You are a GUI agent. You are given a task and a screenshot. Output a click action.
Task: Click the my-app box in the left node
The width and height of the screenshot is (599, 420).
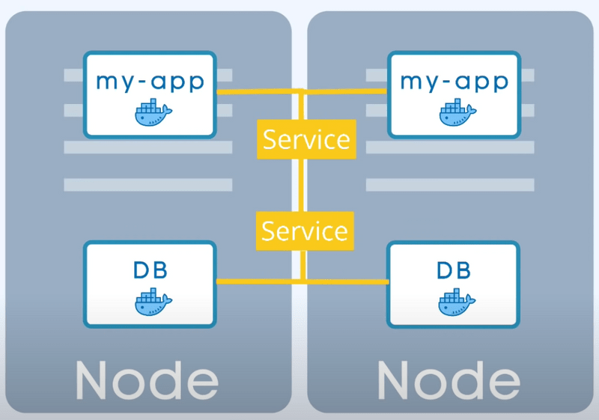tap(150, 94)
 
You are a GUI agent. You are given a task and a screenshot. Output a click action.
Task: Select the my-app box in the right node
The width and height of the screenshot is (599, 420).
tap(454, 94)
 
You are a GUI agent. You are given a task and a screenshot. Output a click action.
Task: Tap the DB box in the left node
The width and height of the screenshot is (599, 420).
tap(150, 284)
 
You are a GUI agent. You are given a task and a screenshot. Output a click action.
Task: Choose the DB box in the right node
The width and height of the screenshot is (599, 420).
tap(454, 284)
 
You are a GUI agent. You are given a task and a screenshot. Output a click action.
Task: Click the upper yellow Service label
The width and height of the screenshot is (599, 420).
tap(305, 139)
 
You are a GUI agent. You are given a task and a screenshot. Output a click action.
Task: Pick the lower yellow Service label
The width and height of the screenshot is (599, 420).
tap(305, 230)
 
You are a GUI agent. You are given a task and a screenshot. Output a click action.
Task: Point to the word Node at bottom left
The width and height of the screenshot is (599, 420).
tap(147, 381)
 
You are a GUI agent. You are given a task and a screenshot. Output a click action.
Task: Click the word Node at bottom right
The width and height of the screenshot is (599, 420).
tap(449, 381)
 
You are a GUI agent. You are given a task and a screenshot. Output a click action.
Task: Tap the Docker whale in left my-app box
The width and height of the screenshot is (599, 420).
tap(152, 114)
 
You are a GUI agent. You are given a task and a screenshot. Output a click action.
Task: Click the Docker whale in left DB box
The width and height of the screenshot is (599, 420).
tap(152, 302)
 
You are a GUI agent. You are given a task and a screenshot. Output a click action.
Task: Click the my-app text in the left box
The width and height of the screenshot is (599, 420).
tap(150, 80)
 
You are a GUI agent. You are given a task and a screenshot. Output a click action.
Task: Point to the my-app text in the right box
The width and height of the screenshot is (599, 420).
tap(454, 80)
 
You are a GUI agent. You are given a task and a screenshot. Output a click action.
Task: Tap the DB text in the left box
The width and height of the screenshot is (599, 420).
tap(150, 270)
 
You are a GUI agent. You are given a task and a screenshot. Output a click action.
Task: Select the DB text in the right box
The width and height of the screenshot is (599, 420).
tap(454, 270)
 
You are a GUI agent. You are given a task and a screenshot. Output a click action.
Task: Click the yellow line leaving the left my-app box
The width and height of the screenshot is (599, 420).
tap(255, 91)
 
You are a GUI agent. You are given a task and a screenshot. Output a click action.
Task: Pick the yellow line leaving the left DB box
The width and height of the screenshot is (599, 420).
tap(255, 281)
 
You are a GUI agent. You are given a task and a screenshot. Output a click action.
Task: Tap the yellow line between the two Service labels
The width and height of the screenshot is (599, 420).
tap(302, 183)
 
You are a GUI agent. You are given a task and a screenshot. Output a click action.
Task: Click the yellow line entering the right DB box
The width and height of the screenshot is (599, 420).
tap(352, 281)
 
